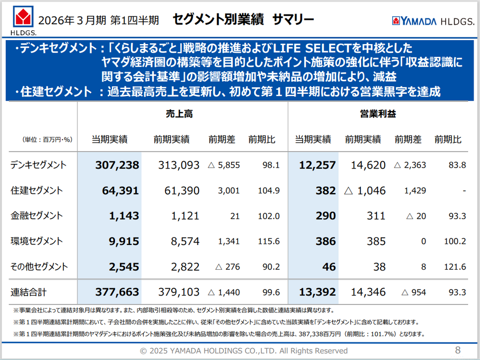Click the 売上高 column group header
pyautogui.click(x=179, y=114)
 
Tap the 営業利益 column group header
pyautogui.click(x=377, y=114)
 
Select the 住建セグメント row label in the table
pyautogui.click(x=37, y=190)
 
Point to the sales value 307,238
pyautogui.click(x=117, y=165)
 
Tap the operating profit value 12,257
pyautogui.click(x=317, y=165)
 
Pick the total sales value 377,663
pyautogui.click(x=117, y=293)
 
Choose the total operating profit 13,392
pyautogui.click(x=317, y=293)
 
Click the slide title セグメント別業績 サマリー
pyautogui.click(x=243, y=19)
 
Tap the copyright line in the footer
pyautogui.click(x=243, y=351)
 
